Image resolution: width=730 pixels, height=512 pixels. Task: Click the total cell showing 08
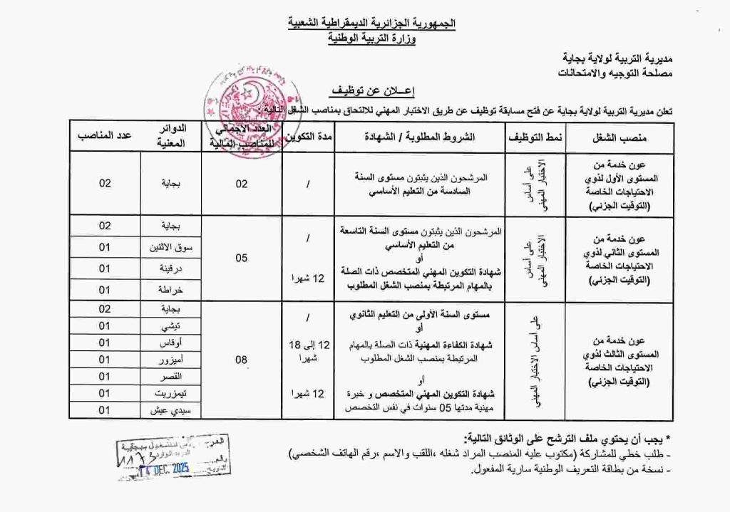pyautogui.click(x=242, y=360)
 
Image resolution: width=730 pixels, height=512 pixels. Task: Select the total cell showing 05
pyautogui.click(x=242, y=258)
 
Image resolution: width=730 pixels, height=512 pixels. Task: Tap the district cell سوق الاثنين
pyautogui.click(x=171, y=247)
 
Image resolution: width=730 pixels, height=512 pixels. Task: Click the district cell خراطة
pyautogui.click(x=171, y=289)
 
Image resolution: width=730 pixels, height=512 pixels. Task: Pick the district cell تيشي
pyautogui.click(x=171, y=325)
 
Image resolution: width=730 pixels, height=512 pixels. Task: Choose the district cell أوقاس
pyautogui.click(x=171, y=343)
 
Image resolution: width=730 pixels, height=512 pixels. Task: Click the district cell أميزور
pyautogui.click(x=171, y=360)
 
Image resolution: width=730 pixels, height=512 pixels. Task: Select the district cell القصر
pyautogui.click(x=171, y=376)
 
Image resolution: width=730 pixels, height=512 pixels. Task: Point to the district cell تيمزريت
pyautogui.click(x=171, y=393)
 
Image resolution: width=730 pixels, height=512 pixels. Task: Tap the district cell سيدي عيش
pyautogui.click(x=171, y=410)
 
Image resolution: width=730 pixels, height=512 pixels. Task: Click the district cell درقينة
pyautogui.click(x=171, y=268)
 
